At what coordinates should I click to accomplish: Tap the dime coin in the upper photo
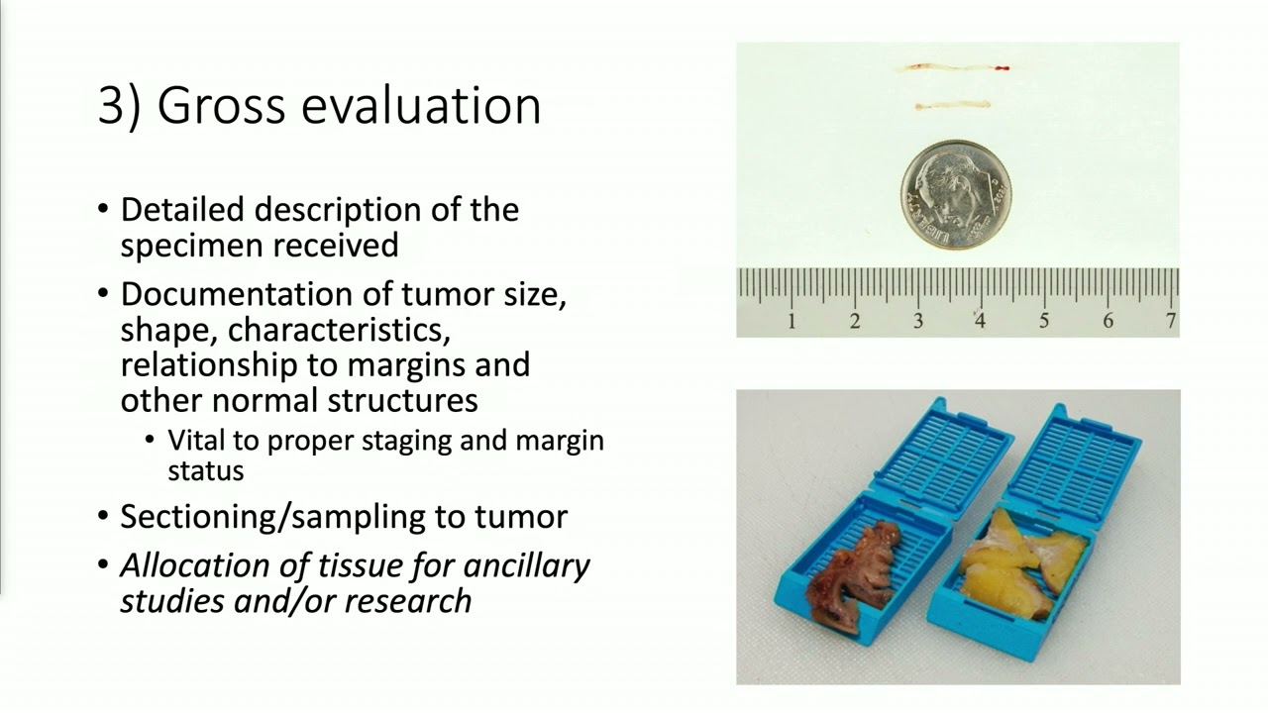(x=956, y=194)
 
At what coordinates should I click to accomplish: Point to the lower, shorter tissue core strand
(x=952, y=105)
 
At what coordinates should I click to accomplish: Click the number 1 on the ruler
(x=792, y=321)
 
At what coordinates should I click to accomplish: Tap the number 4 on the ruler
(x=980, y=321)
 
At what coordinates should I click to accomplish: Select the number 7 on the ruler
(x=1171, y=321)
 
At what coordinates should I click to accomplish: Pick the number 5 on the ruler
(x=1044, y=321)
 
